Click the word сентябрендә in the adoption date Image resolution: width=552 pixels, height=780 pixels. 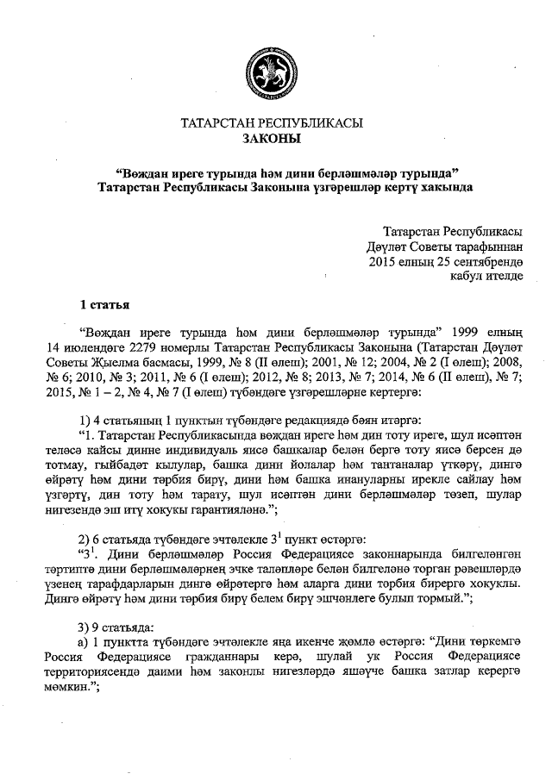(483, 261)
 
